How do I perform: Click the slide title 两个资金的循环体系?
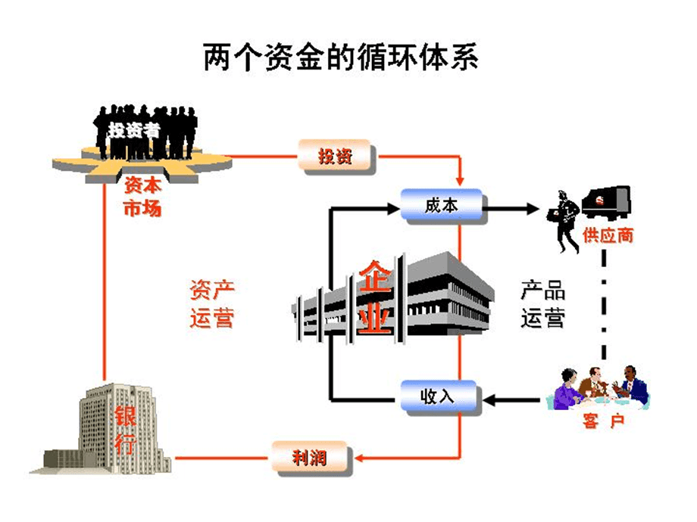[x=341, y=57]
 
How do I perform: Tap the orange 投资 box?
[x=336, y=157]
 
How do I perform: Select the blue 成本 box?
[x=441, y=205]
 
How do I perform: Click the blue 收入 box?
[x=439, y=396]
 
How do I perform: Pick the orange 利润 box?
[x=310, y=458]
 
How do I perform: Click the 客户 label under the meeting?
[x=603, y=421]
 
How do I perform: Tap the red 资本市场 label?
[x=142, y=197]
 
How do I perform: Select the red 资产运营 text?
[x=211, y=304]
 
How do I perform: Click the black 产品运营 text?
[x=542, y=304]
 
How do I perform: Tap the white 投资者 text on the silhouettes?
[x=134, y=129]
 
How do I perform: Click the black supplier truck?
[x=605, y=202]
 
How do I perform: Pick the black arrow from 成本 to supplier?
[x=511, y=206]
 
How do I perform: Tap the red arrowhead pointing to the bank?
[x=180, y=458]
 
